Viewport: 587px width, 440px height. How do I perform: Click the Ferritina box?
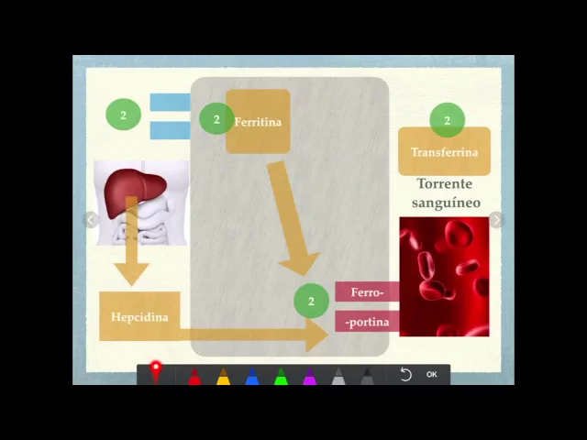pos(259,122)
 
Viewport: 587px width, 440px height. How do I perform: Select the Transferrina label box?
pos(444,152)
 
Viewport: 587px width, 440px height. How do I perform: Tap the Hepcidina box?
pos(139,317)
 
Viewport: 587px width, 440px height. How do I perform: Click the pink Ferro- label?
pos(367,292)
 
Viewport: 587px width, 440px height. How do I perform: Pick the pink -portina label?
pos(367,322)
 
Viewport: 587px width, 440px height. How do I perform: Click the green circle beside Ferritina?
pos(216,119)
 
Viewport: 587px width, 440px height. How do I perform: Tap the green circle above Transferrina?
pos(447,120)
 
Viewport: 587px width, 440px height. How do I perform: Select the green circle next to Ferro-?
pos(311,301)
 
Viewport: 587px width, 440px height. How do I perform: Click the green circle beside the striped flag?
pos(123,115)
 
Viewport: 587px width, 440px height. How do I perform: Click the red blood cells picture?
pos(444,277)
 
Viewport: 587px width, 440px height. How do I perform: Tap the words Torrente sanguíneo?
pos(446,193)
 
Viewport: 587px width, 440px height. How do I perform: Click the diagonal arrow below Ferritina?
pos(292,220)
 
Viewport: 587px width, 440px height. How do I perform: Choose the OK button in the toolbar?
pos(431,374)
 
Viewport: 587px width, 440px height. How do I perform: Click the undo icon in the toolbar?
pos(406,374)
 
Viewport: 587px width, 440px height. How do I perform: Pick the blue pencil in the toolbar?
pos(252,377)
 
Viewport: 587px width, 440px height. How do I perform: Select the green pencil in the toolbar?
pos(281,377)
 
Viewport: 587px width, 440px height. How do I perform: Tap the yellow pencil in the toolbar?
pos(223,377)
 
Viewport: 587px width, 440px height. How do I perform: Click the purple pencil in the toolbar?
pos(310,377)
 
